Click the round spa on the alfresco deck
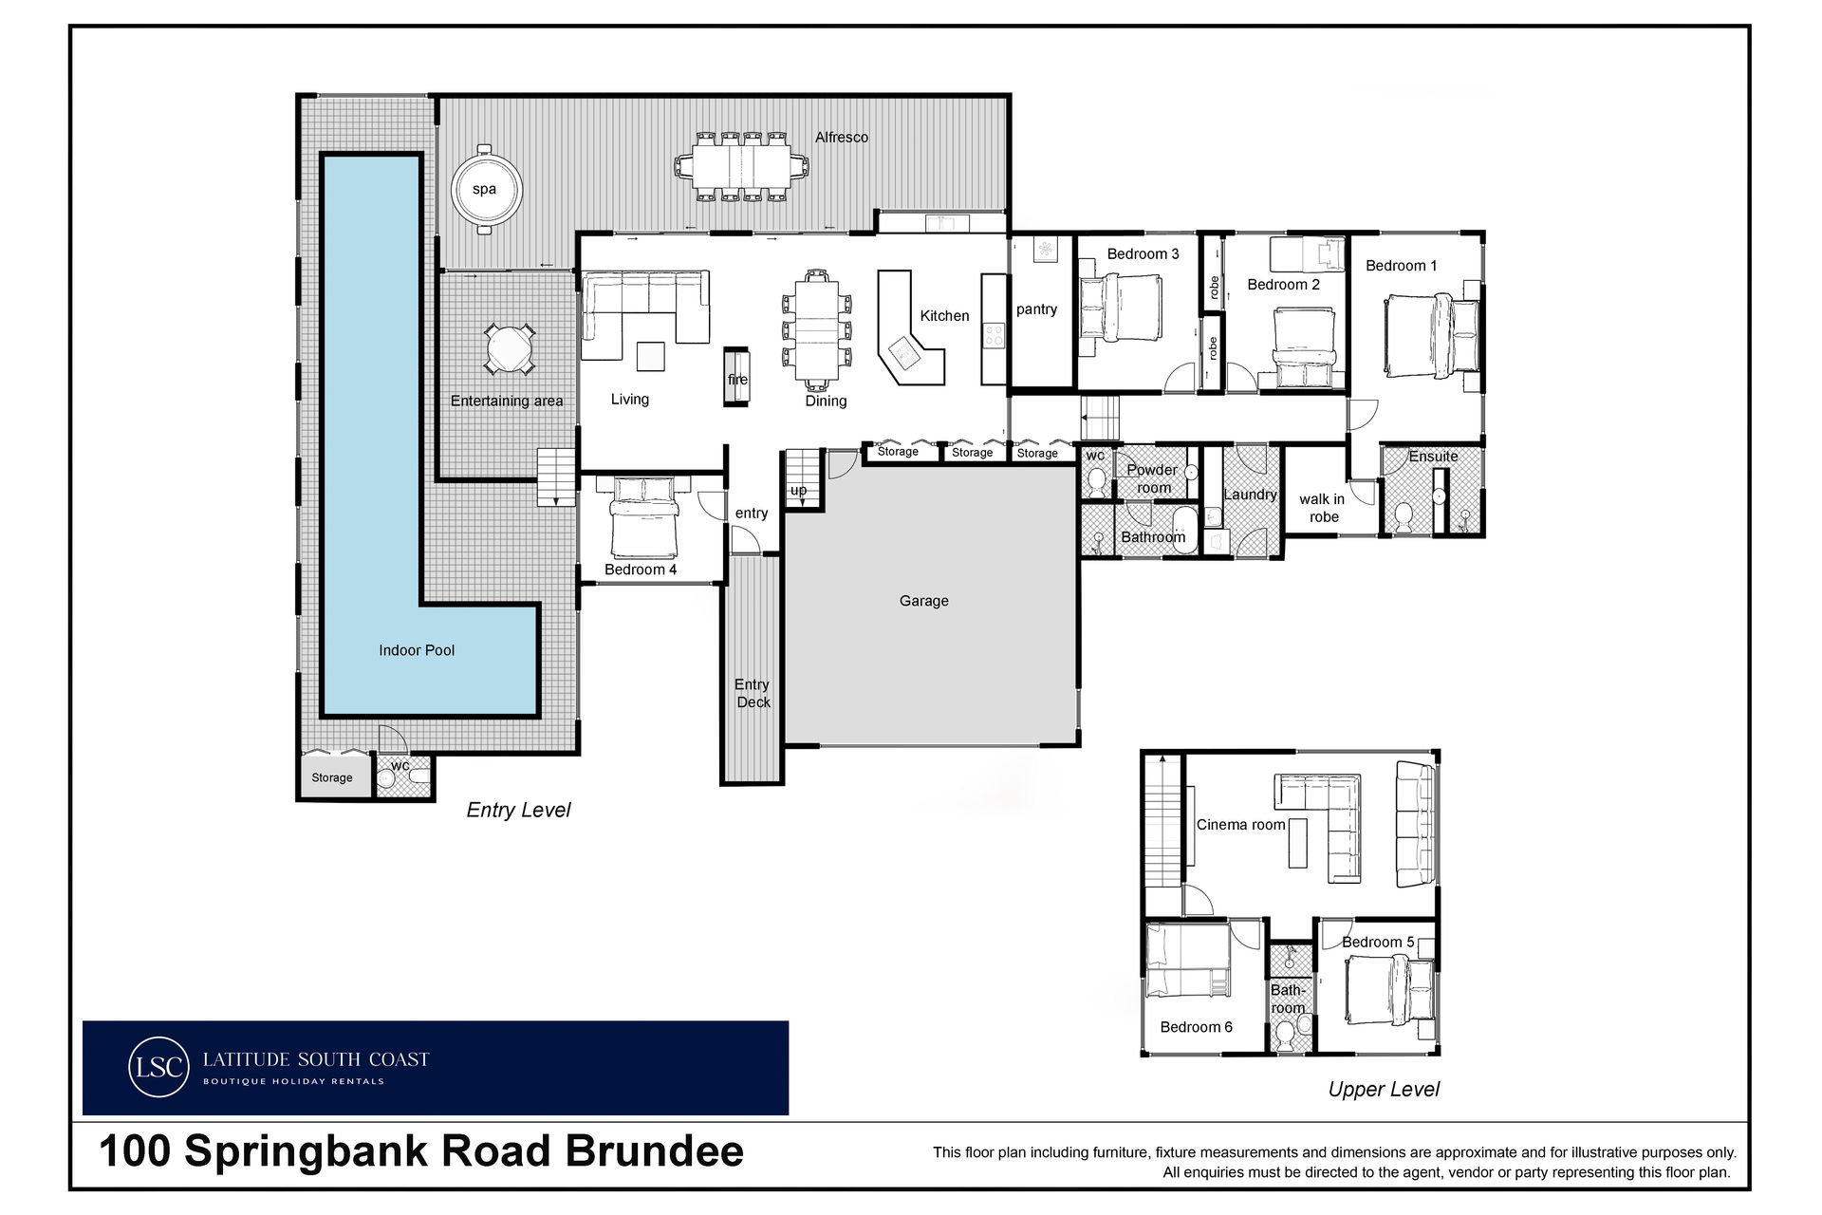click(x=485, y=189)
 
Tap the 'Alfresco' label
click(x=842, y=138)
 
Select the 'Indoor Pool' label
click(x=417, y=650)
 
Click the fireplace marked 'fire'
click(x=737, y=378)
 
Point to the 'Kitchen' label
click(x=944, y=316)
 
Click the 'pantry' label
click(x=1036, y=309)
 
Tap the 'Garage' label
click(x=924, y=601)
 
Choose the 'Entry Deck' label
click(x=753, y=693)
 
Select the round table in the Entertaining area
click(x=510, y=349)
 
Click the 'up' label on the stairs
click(x=798, y=491)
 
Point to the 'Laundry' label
click(x=1250, y=495)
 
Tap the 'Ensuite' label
click(x=1433, y=457)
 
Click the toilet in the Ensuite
click(x=1404, y=517)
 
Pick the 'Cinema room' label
click(x=1240, y=825)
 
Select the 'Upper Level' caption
click(x=1384, y=1090)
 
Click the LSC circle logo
click(x=158, y=1067)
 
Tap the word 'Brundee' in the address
click(x=655, y=1151)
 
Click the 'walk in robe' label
click(x=1322, y=508)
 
